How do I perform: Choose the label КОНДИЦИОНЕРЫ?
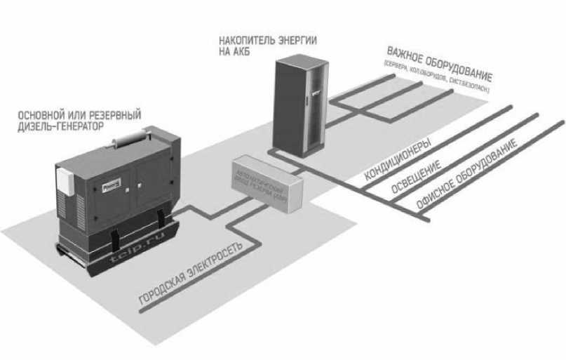coord(396,161)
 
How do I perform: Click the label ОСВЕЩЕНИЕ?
coord(412,182)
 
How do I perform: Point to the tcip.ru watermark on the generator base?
coord(133,248)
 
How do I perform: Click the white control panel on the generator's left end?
coord(65,178)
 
